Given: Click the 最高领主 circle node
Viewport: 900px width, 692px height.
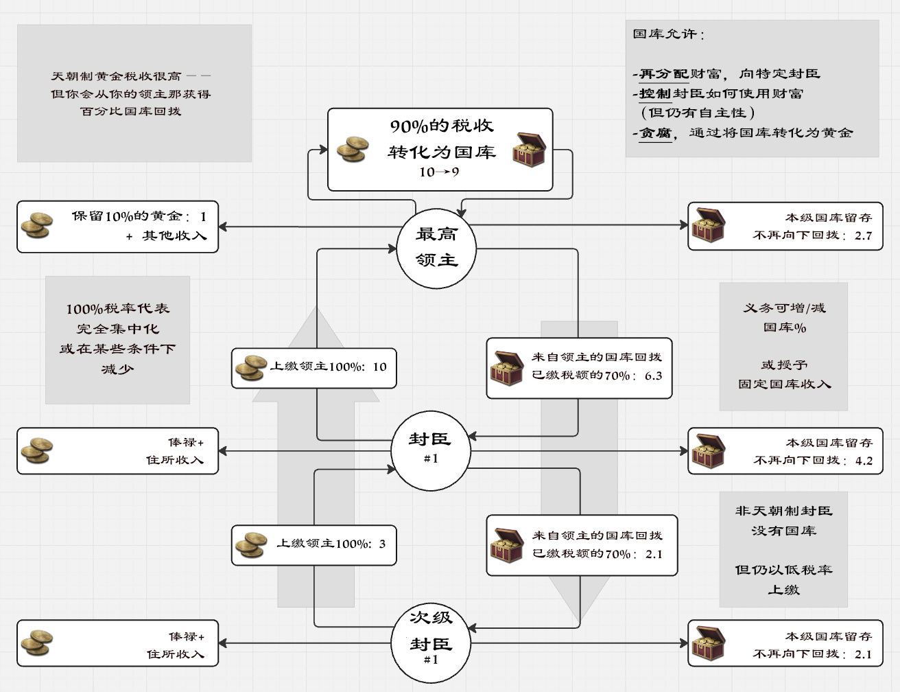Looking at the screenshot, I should pyautogui.click(x=436, y=248).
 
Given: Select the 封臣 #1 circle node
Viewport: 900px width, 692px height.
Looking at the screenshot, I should pyautogui.click(x=430, y=450).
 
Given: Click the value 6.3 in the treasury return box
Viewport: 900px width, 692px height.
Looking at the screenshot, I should pyautogui.click(x=653, y=376).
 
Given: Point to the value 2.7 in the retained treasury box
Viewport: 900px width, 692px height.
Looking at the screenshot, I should pyautogui.click(x=863, y=235).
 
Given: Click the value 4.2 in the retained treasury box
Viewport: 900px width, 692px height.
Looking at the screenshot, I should pyautogui.click(x=864, y=461).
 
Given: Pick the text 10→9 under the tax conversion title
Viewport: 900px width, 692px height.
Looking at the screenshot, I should pyautogui.click(x=439, y=172).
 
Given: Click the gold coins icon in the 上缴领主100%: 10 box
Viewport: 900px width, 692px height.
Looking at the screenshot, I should pyautogui.click(x=250, y=368).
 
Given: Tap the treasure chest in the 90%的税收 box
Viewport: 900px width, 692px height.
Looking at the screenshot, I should pyautogui.click(x=529, y=150).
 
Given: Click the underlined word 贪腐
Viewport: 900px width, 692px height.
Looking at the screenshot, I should pyautogui.click(x=655, y=132).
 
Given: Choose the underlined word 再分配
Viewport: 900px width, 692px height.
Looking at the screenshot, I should pyautogui.click(x=663, y=73).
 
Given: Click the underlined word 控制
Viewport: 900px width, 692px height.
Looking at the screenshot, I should pyautogui.click(x=654, y=93).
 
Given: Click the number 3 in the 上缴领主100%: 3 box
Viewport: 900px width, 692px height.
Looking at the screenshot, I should pyautogui.click(x=382, y=544).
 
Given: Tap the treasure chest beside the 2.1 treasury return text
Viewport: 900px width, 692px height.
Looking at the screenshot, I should pyautogui.click(x=508, y=545).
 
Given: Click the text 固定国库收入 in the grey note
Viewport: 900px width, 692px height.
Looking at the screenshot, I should pyautogui.click(x=784, y=384).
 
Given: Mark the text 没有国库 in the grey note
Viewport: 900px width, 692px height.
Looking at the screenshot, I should pyautogui.click(x=783, y=531).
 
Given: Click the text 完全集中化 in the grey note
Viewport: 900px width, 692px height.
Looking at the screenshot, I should pyautogui.click(x=117, y=329).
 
